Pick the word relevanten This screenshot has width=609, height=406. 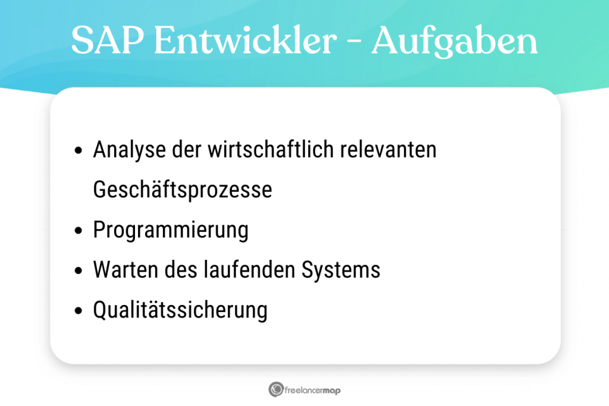[x=389, y=150]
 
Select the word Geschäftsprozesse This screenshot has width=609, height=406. [x=182, y=190]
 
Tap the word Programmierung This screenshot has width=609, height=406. [x=171, y=230]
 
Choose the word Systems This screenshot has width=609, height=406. [x=341, y=270]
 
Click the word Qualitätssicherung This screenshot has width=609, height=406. [x=180, y=310]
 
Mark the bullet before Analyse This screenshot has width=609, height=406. [x=79, y=151]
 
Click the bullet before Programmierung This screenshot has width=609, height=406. [x=79, y=231]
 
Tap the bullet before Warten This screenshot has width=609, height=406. [x=79, y=270]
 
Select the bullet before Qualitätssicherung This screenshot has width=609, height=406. [x=79, y=310]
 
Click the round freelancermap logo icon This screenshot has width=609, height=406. [x=276, y=389]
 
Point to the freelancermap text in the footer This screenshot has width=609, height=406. [x=313, y=390]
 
